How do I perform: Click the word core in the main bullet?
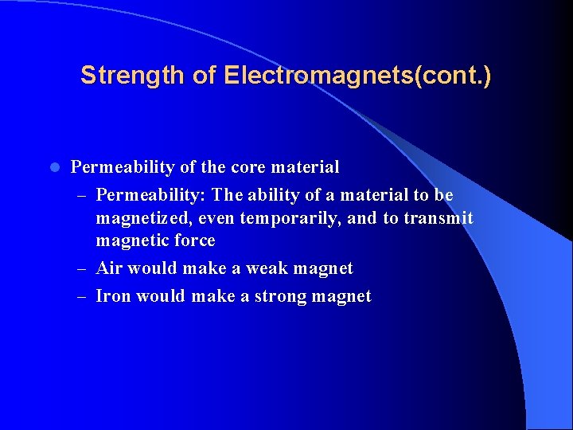click(249, 167)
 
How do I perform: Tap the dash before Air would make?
click(84, 269)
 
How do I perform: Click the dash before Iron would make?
click(84, 297)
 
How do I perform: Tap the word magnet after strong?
click(344, 296)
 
